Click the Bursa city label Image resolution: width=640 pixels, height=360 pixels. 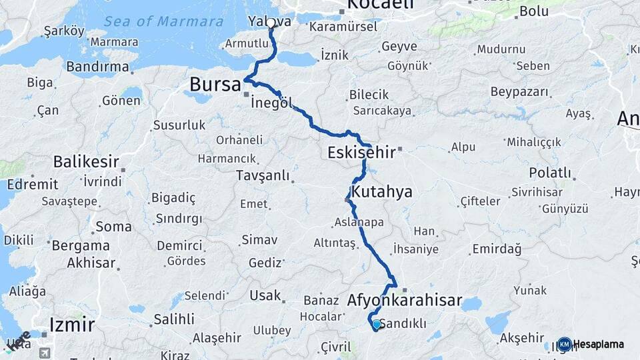point(215,85)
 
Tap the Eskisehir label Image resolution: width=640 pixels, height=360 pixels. point(361,153)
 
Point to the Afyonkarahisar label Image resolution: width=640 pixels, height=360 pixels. point(405,301)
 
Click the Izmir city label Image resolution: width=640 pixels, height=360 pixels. point(71,325)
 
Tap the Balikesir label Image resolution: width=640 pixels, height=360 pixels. point(86,161)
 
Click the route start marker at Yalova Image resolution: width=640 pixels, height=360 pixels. point(271,24)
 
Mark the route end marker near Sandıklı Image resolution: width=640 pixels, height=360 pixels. point(376,325)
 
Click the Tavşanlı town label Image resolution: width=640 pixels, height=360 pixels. point(263,175)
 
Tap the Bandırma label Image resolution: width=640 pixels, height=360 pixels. point(97,67)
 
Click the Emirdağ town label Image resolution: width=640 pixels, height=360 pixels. point(496,249)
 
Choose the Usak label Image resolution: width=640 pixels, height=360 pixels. point(265,295)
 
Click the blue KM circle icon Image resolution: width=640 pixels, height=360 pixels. point(565,345)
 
